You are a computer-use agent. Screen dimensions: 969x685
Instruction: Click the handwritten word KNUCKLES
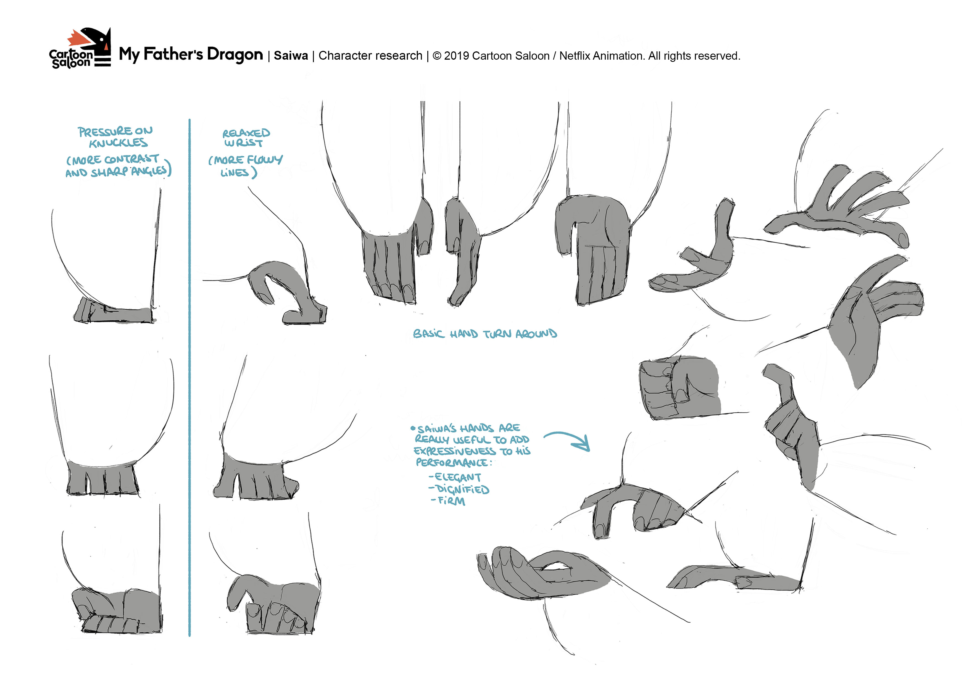pos(118,143)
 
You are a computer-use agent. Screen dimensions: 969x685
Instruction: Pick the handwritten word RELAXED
pos(246,133)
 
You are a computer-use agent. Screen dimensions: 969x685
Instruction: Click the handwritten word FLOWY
pos(265,160)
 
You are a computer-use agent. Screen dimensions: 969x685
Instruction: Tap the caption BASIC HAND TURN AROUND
pos(485,334)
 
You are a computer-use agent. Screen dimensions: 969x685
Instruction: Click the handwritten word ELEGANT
pos(455,477)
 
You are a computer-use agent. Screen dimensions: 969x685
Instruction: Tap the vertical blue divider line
pos(189,378)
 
